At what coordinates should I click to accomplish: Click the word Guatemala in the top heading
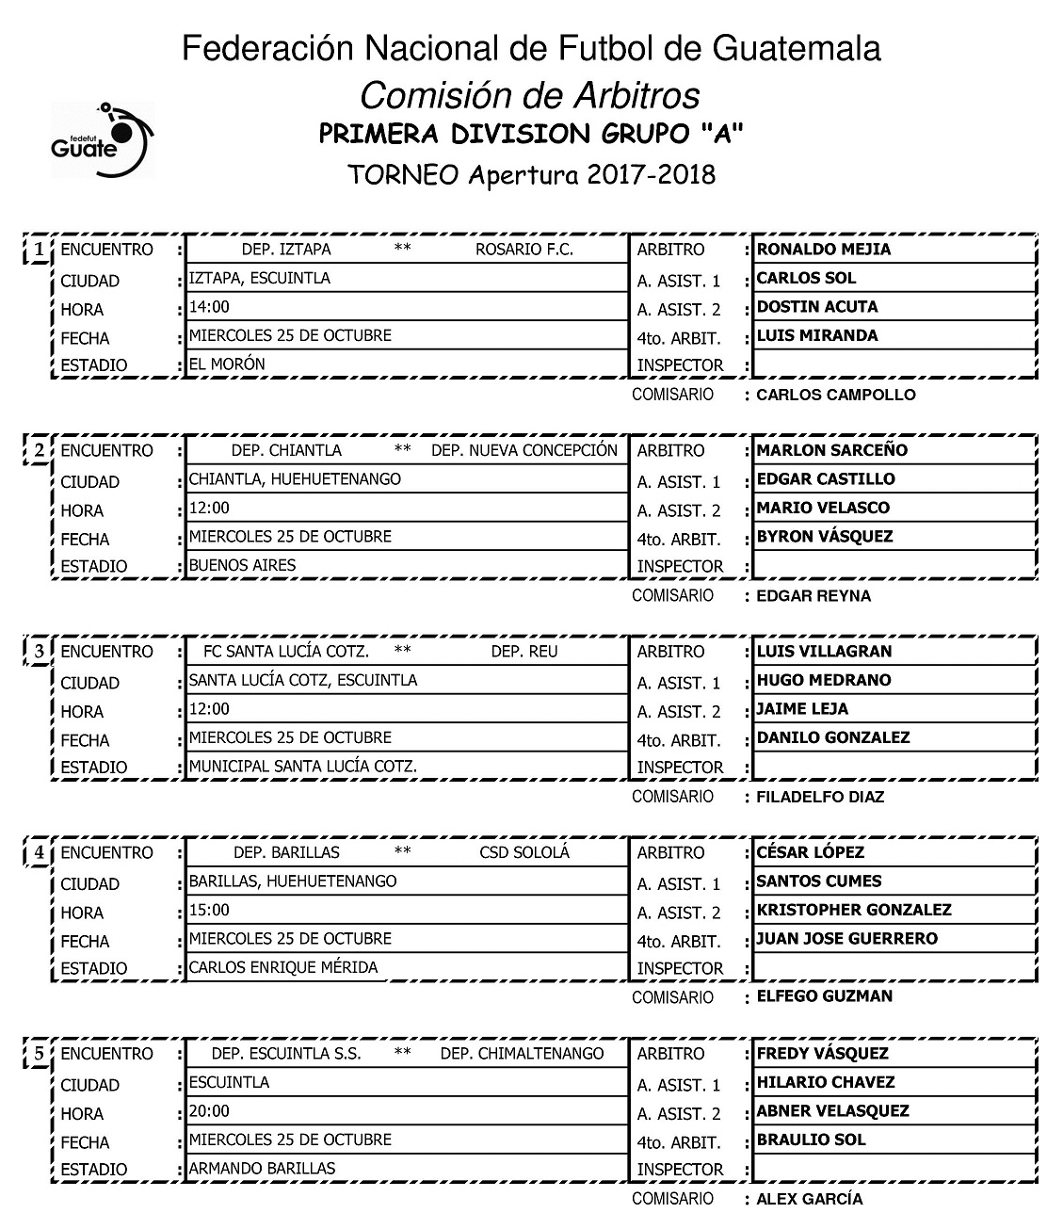click(799, 49)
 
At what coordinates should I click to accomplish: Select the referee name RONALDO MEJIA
click(823, 250)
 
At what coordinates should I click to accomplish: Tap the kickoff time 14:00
click(209, 307)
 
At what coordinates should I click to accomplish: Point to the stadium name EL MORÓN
click(227, 364)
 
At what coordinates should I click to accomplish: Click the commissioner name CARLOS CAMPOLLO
click(835, 395)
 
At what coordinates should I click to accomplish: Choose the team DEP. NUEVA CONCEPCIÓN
click(523, 450)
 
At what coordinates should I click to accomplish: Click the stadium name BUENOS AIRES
click(242, 565)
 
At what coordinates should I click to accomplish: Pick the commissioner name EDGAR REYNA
click(813, 595)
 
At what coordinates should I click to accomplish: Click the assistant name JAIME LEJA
click(802, 709)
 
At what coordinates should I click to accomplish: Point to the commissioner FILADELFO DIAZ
click(820, 797)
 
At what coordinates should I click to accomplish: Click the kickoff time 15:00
click(209, 910)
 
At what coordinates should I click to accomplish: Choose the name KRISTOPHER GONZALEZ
click(853, 910)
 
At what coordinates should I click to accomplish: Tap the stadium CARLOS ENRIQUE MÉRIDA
click(282, 967)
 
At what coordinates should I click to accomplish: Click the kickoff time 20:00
click(209, 1111)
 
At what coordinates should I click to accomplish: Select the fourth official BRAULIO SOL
click(811, 1140)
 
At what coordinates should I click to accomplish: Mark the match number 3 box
click(38, 652)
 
